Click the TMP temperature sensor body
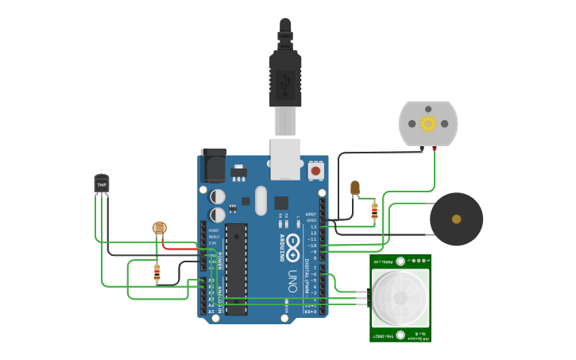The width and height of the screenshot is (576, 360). click(101, 184)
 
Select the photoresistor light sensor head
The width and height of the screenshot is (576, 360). click(159, 229)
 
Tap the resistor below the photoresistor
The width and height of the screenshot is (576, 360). click(157, 273)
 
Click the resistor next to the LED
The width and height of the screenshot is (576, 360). click(374, 210)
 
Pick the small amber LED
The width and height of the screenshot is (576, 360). click(355, 188)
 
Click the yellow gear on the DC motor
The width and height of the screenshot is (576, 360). click(428, 123)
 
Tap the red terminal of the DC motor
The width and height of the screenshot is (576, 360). click(434, 148)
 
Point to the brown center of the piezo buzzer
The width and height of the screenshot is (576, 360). click(456, 219)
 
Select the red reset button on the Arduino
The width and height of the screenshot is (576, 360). click(315, 170)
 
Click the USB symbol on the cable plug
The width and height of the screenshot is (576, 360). click(285, 80)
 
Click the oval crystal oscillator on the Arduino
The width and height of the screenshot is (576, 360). click(261, 201)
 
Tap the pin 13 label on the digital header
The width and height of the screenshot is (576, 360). click(312, 226)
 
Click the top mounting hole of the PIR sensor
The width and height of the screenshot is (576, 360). click(400, 261)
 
